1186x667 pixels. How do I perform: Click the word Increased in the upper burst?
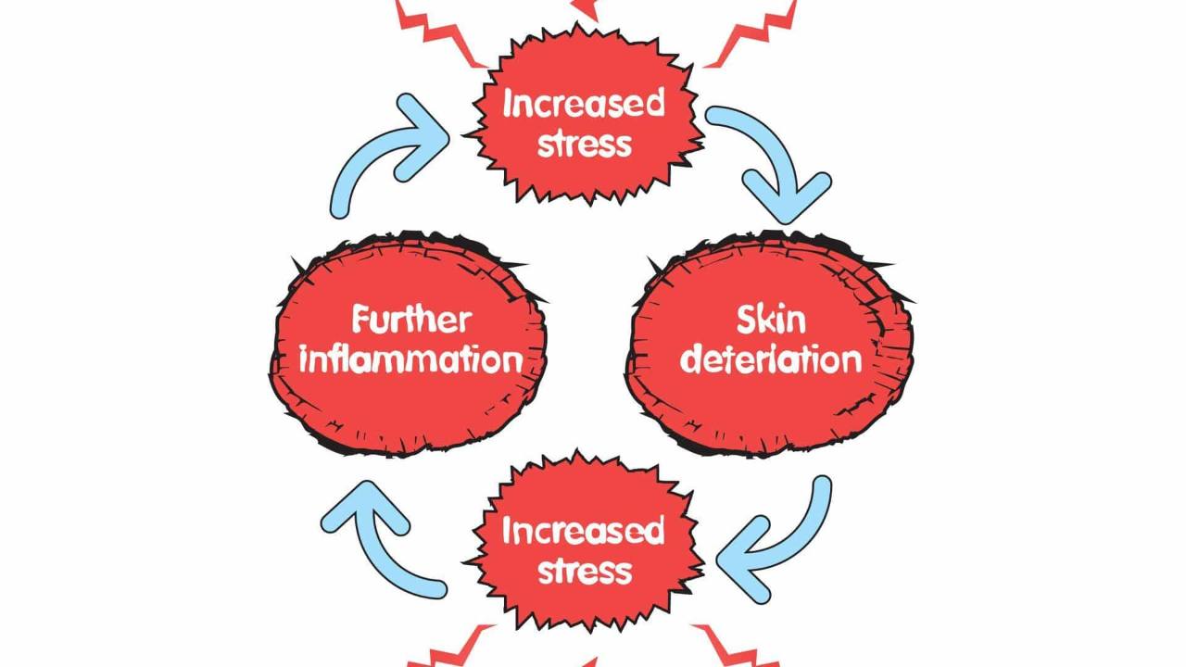point(584,104)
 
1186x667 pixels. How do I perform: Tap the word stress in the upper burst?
point(584,145)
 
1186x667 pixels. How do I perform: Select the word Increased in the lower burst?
point(584,531)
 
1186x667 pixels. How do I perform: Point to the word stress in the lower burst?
point(584,571)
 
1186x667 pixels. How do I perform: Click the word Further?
point(410,321)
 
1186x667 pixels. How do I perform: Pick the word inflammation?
point(410,359)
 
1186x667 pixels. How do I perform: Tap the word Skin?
point(771,321)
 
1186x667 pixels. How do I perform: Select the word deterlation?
point(771,359)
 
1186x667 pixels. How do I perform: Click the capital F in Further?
point(361,321)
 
